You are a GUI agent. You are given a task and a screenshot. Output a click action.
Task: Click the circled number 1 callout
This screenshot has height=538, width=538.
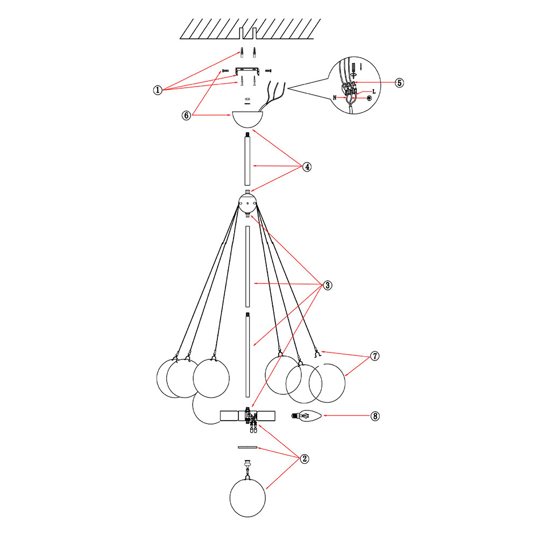(158, 90)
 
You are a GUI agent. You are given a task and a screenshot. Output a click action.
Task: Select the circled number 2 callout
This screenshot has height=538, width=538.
(305, 459)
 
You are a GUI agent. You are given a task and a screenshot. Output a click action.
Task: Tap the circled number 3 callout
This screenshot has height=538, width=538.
(328, 285)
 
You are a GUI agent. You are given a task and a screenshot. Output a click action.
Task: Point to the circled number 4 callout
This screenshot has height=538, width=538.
(307, 167)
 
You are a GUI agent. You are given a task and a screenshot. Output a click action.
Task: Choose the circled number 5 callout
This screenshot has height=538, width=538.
(399, 83)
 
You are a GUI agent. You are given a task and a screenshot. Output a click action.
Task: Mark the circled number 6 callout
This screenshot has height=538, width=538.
(186, 115)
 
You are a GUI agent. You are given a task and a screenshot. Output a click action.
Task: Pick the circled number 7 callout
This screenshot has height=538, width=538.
(375, 356)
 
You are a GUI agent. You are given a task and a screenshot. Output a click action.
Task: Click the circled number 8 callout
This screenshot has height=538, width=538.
(375, 416)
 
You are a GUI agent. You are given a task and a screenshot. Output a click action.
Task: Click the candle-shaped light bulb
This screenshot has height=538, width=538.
(307, 416)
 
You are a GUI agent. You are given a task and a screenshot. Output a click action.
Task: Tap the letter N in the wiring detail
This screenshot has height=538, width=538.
(335, 98)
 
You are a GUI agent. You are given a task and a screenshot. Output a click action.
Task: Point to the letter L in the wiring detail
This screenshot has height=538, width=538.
(374, 91)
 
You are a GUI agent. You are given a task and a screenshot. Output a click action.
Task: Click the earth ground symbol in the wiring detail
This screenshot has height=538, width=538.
(369, 98)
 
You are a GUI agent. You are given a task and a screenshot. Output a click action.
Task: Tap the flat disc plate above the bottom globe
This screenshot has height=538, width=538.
(247, 447)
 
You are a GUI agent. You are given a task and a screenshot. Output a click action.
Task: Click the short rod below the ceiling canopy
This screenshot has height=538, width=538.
(247, 159)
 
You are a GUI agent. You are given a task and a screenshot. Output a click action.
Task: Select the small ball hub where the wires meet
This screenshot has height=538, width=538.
(247, 203)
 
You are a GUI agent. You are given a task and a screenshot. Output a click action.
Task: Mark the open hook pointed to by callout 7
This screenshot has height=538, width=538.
(317, 352)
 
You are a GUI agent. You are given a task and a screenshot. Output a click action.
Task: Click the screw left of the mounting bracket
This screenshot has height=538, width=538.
(225, 70)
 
